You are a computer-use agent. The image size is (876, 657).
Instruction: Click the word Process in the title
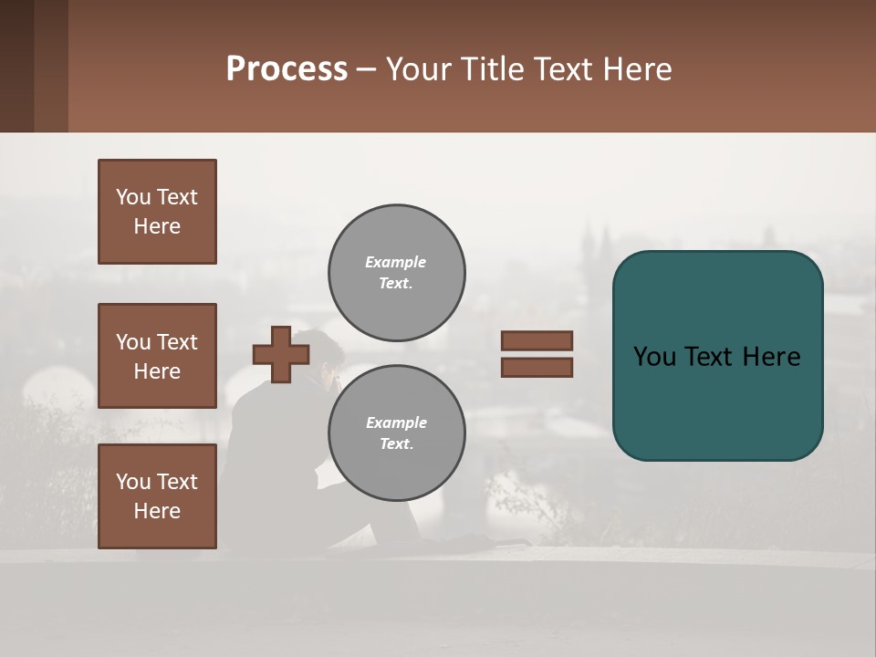click(x=287, y=68)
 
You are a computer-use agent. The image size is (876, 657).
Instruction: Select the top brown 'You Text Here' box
click(x=157, y=212)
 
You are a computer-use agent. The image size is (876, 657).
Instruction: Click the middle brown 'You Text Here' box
click(x=157, y=356)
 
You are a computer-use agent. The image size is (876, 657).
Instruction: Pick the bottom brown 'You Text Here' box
click(x=157, y=496)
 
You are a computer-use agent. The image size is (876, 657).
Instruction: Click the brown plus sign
click(x=281, y=354)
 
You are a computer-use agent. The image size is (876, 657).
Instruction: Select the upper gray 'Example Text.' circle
click(x=397, y=273)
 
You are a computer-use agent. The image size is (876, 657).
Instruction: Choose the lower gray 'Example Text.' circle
click(x=397, y=433)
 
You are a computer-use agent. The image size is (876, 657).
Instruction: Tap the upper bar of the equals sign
click(x=537, y=340)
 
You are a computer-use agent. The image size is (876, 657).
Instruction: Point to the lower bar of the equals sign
click(x=537, y=367)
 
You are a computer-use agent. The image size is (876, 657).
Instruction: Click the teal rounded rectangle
click(x=717, y=401)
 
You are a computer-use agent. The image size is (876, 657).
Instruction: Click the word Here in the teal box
click(x=771, y=356)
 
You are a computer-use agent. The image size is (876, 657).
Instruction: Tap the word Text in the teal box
click(x=710, y=356)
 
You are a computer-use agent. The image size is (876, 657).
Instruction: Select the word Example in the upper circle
click(x=396, y=262)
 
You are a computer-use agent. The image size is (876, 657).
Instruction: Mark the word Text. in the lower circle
click(x=397, y=444)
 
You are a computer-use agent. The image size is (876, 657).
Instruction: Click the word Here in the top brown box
click(x=157, y=226)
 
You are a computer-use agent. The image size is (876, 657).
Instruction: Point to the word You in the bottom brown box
click(x=133, y=481)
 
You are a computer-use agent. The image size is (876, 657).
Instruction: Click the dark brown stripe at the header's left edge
click(x=16, y=66)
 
